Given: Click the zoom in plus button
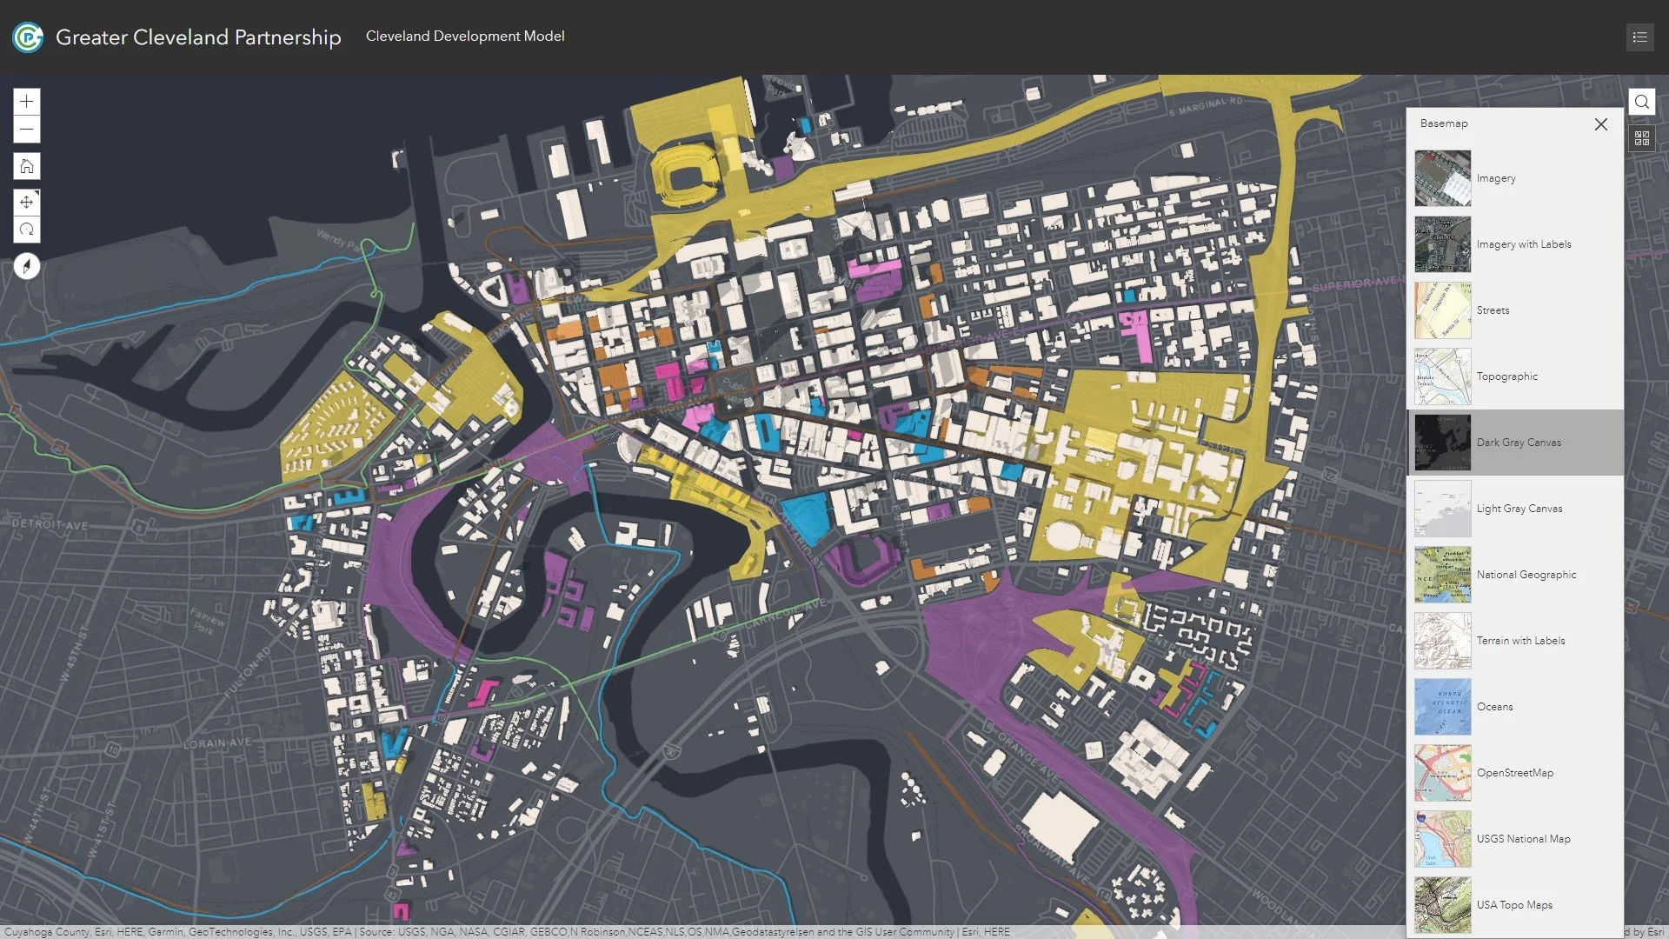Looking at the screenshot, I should pyautogui.click(x=27, y=102).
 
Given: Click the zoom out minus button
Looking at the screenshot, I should pyautogui.click(x=27, y=130).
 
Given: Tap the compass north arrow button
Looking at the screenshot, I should pyautogui.click(x=27, y=266).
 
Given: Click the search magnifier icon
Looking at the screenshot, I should pyautogui.click(x=1641, y=102).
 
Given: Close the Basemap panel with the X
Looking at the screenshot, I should pyautogui.click(x=1600, y=124).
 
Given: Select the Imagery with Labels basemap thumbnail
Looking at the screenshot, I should pyautogui.click(x=1442, y=244).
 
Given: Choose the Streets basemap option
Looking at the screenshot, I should pyautogui.click(x=1492, y=310).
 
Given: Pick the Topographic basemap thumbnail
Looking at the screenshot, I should pyautogui.click(x=1442, y=376).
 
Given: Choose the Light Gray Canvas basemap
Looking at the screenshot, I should pyautogui.click(x=1518, y=509).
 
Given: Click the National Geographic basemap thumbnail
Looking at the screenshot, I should pyautogui.click(x=1442, y=575).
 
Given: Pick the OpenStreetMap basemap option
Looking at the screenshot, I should pyautogui.click(x=1513, y=773).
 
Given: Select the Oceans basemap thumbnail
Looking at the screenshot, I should pyautogui.click(x=1442, y=707).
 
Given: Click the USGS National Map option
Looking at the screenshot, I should pyautogui.click(x=1522, y=839).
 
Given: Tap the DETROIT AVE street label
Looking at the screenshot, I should pyautogui.click(x=50, y=525).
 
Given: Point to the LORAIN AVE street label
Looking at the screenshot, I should pyautogui.click(x=216, y=743).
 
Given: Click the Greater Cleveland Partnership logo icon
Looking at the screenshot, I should pyautogui.click(x=28, y=37).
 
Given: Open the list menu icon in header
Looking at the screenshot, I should pyautogui.click(x=1639, y=37).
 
